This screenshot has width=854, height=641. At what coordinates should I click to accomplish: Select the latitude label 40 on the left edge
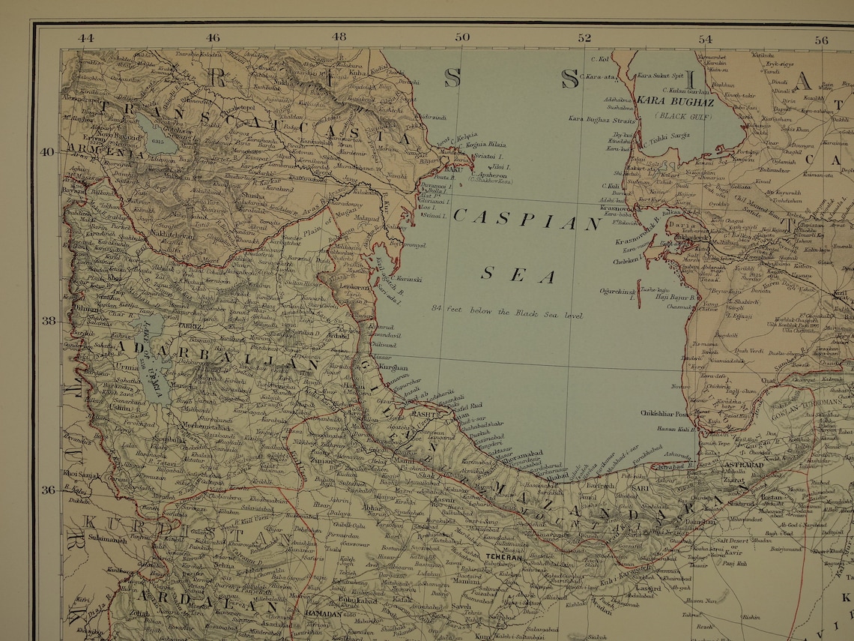point(46,151)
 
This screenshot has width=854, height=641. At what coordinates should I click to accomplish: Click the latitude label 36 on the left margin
point(46,490)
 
